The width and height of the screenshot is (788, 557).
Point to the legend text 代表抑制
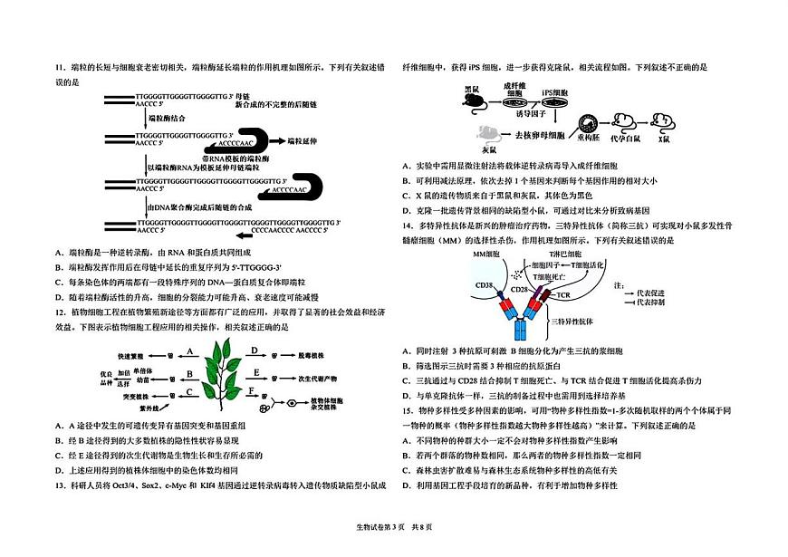[x=650, y=302]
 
